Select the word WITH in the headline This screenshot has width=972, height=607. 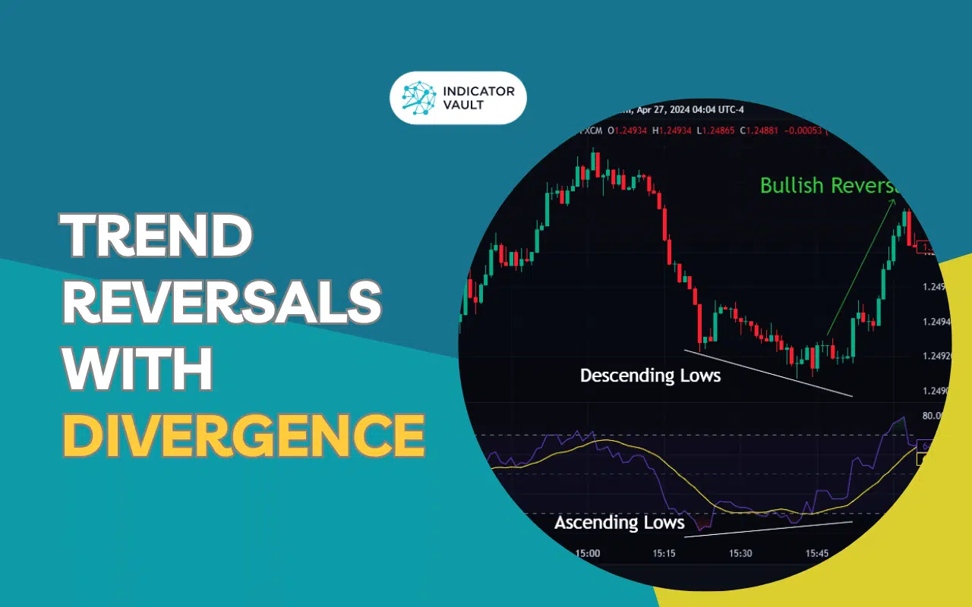pyautogui.click(x=137, y=370)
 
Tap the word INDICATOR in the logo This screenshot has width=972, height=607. pyautogui.click(x=478, y=92)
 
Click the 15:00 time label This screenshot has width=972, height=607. pyautogui.click(x=588, y=553)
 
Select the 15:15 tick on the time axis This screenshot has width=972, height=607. pyautogui.click(x=663, y=553)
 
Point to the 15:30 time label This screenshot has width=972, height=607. pyautogui.click(x=740, y=553)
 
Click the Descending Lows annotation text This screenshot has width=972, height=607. pyautogui.click(x=650, y=375)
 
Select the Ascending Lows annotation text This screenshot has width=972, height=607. pyautogui.click(x=619, y=523)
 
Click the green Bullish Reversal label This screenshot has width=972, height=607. pyautogui.click(x=828, y=185)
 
